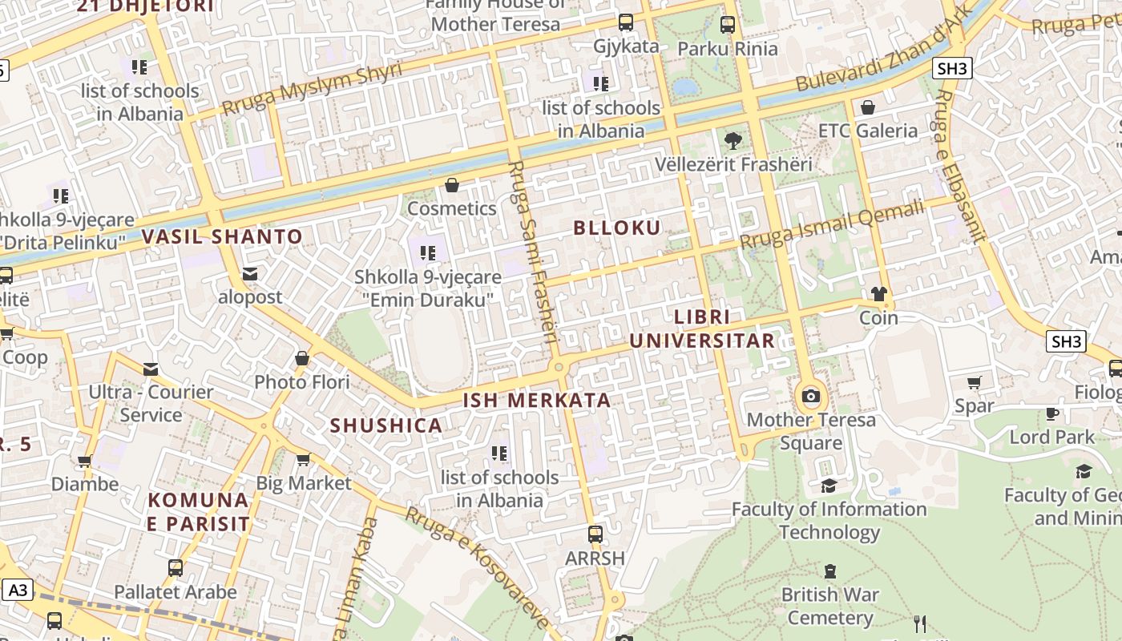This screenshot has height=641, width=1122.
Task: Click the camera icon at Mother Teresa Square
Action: pos(811,396)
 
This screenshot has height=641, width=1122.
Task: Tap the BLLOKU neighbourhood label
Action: pos(617,228)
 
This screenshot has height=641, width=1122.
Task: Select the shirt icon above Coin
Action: pos(879,294)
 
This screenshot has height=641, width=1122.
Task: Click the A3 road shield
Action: pos(18,591)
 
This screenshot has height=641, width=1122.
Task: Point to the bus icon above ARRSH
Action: pos(595,534)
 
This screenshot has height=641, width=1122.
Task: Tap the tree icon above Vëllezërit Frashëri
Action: pos(732,141)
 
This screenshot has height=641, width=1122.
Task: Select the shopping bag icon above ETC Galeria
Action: pos(867,107)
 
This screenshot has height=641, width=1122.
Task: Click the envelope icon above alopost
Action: pos(250,273)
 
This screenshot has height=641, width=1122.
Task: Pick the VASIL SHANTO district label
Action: pos(222,236)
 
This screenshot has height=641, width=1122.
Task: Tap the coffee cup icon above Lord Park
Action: pos(1052,413)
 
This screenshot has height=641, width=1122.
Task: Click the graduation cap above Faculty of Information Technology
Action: pos(829,486)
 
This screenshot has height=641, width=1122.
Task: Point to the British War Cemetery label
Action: pos(829,606)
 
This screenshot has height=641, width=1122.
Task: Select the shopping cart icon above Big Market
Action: pos(303,459)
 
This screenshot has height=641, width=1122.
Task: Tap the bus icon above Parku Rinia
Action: pos(728,25)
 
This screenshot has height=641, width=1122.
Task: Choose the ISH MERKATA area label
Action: pos(537,400)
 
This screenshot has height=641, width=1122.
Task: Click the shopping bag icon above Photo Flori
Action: pos(302,358)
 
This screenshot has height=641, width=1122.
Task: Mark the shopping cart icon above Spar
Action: pos(975,382)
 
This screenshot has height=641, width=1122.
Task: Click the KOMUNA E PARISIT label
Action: pos(199,511)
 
